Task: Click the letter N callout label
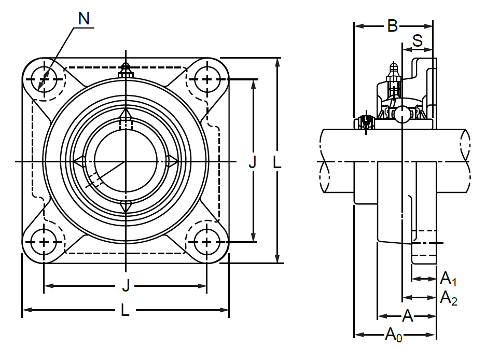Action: tap(84, 19)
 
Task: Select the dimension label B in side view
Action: tap(393, 25)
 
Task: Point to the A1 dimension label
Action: tap(448, 280)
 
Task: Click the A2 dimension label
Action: tap(448, 298)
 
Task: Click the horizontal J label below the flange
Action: tap(125, 285)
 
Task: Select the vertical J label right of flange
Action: tap(253, 163)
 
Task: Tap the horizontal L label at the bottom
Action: tap(125, 310)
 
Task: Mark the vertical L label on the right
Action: tap(277, 163)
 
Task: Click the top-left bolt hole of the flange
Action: tap(44, 80)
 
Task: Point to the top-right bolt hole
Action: tap(207, 80)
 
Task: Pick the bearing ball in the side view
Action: tap(402, 115)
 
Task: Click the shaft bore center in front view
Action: tap(125, 162)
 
